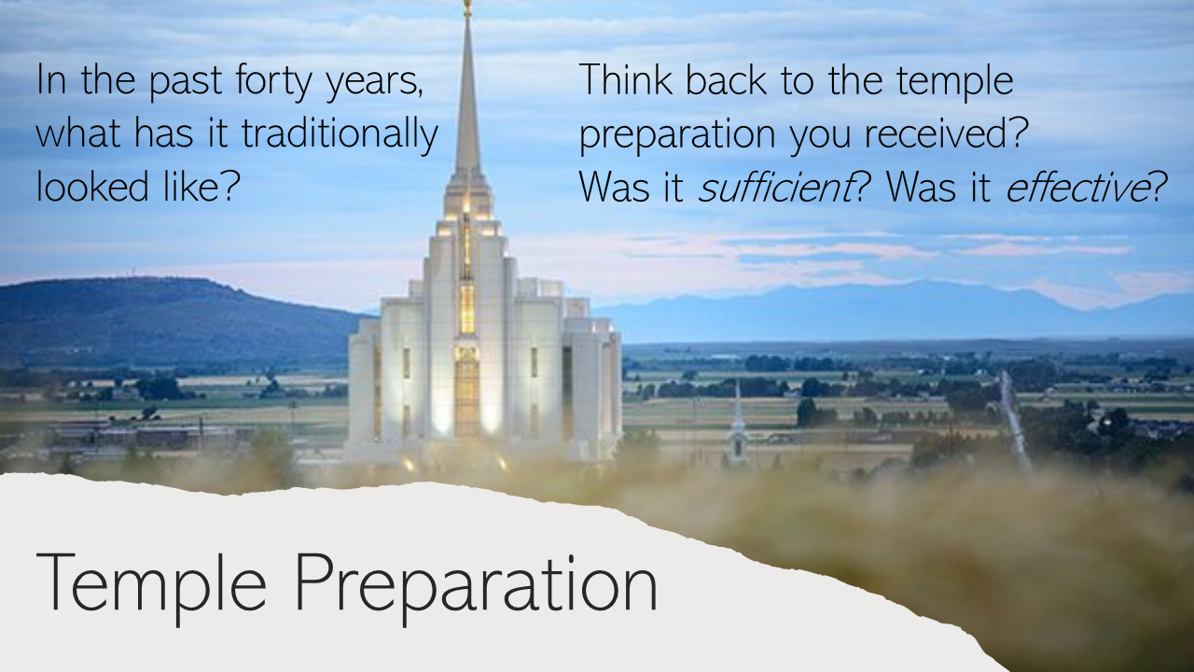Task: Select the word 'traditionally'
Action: [x=340, y=133]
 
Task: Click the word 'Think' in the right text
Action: [x=626, y=79]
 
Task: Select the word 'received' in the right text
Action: [x=936, y=134]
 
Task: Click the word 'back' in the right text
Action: [x=726, y=79]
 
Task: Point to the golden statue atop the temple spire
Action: [x=467, y=7]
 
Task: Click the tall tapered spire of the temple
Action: [x=467, y=96]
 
